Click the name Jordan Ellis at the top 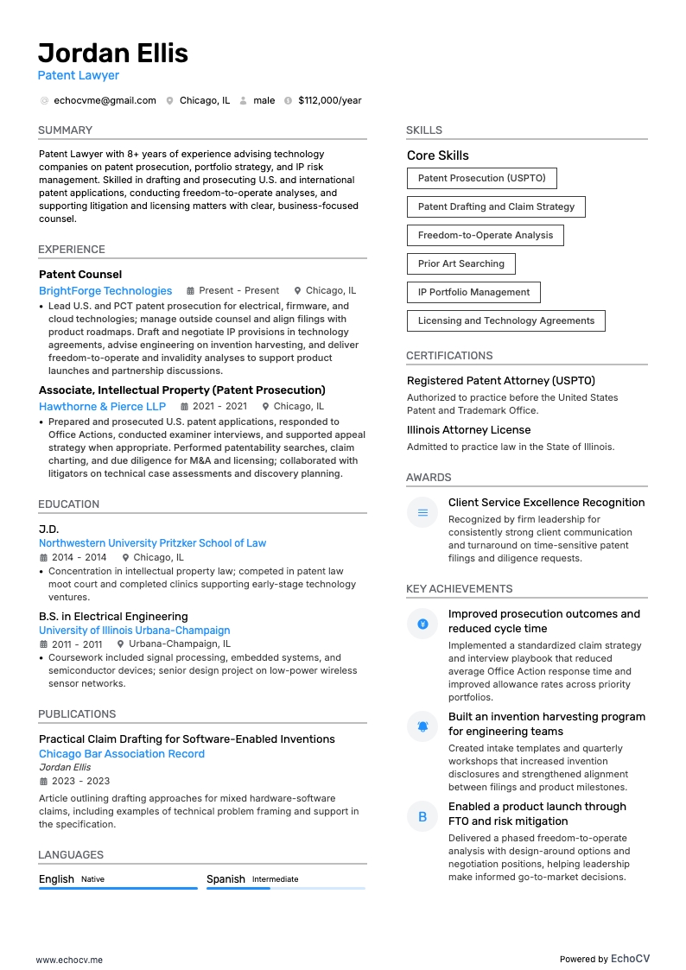113,54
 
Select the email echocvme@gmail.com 105,100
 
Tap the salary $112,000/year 329,100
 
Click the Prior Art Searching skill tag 461,263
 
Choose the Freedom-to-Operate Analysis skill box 485,235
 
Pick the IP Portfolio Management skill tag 473,292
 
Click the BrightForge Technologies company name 105,291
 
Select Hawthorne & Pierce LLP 102,406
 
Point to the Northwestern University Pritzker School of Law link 152,543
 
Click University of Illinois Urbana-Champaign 134,631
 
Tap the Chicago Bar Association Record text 122,754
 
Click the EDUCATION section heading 68,504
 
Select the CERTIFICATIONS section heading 449,356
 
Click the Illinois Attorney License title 468,430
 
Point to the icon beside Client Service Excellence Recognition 422,513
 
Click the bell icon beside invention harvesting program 422,726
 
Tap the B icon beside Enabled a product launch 422,816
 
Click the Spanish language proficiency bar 285,888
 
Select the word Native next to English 92,879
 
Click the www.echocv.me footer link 69,960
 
